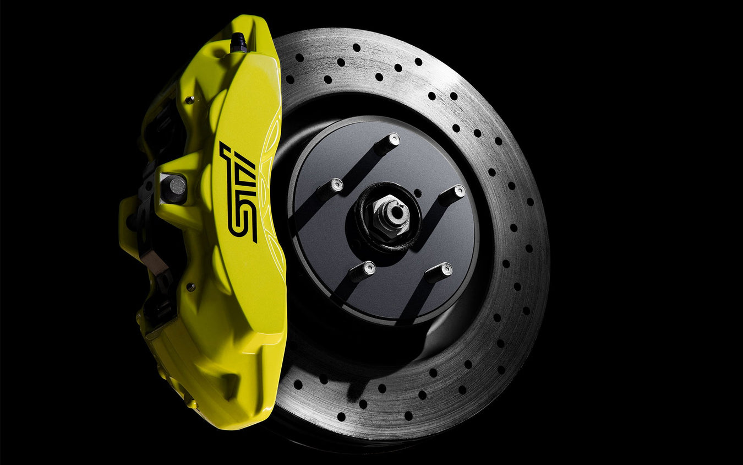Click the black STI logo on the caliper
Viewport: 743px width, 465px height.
click(237, 192)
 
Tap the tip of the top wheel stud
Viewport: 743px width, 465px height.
click(394, 139)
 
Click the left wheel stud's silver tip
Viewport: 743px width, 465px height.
click(336, 185)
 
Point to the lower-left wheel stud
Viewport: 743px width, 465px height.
click(363, 271)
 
